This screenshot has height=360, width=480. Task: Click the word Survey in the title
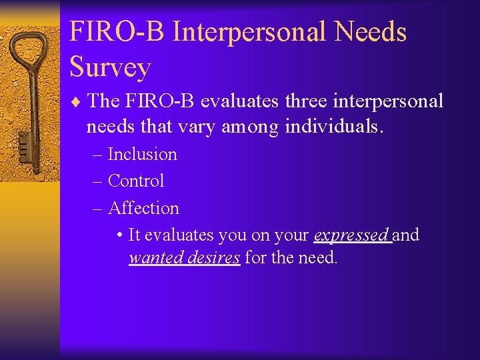[110, 67]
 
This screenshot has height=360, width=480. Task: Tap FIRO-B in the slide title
[117, 31]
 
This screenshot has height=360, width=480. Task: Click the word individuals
[334, 125]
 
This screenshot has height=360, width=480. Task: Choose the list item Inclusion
[142, 154]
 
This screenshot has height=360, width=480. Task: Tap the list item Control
[135, 181]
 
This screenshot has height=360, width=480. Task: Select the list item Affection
[143, 208]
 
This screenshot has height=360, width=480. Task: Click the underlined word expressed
[351, 235]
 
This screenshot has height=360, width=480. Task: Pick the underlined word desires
[214, 257]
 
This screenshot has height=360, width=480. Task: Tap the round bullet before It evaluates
[118, 235]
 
